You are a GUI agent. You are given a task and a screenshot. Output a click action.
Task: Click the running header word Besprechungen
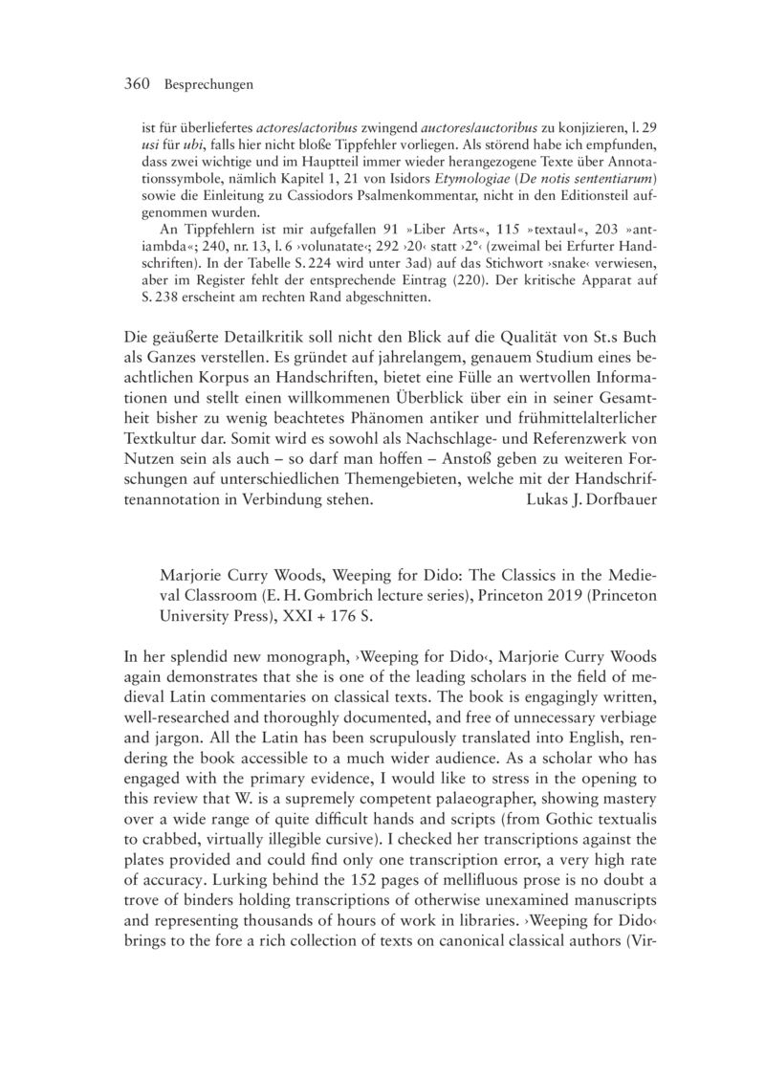tap(208, 85)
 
